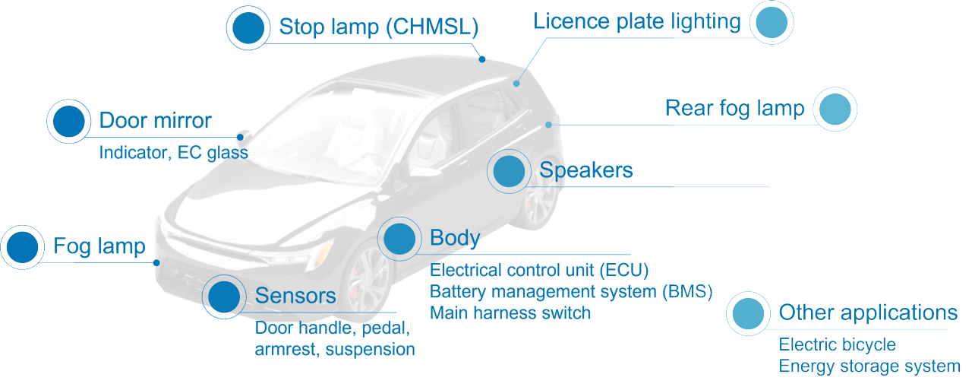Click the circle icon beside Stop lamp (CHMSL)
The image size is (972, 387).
pyautogui.click(x=248, y=28)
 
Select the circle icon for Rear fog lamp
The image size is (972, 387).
pyautogui.click(x=835, y=109)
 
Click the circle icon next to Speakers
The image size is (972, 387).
pyautogui.click(x=509, y=171)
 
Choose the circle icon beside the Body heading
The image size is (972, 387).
pyautogui.click(x=399, y=239)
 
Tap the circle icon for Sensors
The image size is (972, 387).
pyautogui.click(x=224, y=297)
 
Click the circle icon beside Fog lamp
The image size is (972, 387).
pyautogui.click(x=22, y=246)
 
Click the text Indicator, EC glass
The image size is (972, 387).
pyautogui.click(x=173, y=153)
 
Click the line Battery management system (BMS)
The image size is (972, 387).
pyautogui.click(x=571, y=291)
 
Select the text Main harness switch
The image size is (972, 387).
pyautogui.click(x=510, y=312)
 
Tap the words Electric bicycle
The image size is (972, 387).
pyautogui.click(x=837, y=344)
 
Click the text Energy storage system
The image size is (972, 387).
pyautogui.click(x=869, y=366)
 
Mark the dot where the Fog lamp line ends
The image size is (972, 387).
pyautogui.click(x=156, y=263)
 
